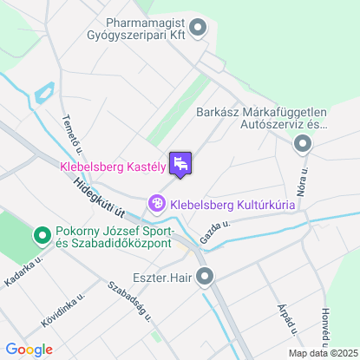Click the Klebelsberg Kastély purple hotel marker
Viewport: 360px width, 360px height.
click(x=180, y=163)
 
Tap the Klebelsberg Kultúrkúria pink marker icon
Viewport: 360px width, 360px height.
click(x=157, y=204)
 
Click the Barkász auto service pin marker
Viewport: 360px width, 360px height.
click(x=303, y=144)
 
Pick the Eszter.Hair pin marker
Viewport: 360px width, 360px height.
click(x=205, y=278)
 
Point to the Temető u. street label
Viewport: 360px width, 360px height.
click(x=70, y=136)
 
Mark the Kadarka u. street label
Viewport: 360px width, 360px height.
click(x=23, y=271)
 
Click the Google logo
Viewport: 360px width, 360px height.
click(x=28, y=350)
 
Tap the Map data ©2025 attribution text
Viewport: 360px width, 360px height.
click(x=322, y=352)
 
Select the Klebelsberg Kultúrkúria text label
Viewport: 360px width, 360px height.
click(x=232, y=205)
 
